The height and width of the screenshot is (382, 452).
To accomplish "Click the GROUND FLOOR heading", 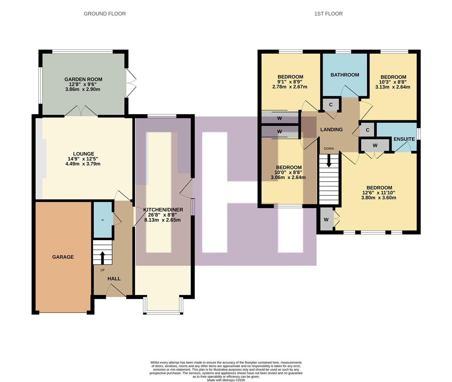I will click(x=105, y=14).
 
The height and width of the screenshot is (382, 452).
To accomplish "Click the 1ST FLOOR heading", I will click(x=328, y=14).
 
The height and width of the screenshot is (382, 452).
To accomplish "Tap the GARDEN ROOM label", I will click(x=83, y=79).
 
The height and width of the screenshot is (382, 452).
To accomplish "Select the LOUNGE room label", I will click(x=83, y=154).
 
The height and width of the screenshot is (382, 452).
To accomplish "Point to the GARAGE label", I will click(x=63, y=257).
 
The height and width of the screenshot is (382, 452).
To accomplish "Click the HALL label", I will click(x=114, y=279).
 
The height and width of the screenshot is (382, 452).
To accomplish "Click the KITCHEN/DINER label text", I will click(x=163, y=210).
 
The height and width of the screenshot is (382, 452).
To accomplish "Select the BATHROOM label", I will click(x=344, y=75).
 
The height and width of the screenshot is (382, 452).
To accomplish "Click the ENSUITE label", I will click(x=404, y=139).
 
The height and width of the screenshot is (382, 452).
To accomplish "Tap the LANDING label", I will click(x=331, y=129).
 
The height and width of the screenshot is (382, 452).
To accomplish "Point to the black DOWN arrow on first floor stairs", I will click(x=329, y=162).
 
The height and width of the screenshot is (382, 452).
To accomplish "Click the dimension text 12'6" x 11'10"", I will click(x=379, y=193).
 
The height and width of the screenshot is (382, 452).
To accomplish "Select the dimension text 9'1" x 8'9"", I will click(x=290, y=82).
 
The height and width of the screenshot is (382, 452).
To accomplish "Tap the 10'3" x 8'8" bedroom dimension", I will click(x=393, y=82).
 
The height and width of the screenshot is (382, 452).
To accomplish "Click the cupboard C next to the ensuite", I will click(x=367, y=130).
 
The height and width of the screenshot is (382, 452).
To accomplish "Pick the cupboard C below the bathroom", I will click(x=331, y=105).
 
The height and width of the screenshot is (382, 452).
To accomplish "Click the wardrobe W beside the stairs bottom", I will click(x=326, y=220).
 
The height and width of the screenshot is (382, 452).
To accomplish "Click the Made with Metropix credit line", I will click(x=226, y=380).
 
